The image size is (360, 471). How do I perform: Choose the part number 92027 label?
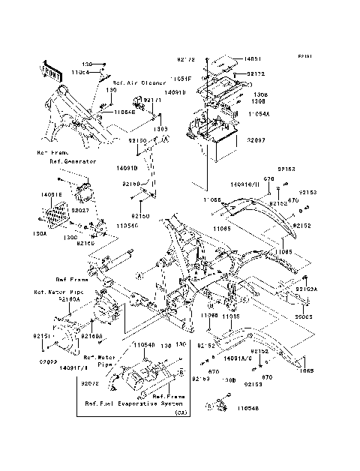80,211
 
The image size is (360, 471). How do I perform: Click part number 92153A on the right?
306,288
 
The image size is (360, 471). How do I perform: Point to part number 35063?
304,306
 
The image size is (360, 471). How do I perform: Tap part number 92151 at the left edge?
39,337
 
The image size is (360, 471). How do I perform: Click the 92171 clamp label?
153,99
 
